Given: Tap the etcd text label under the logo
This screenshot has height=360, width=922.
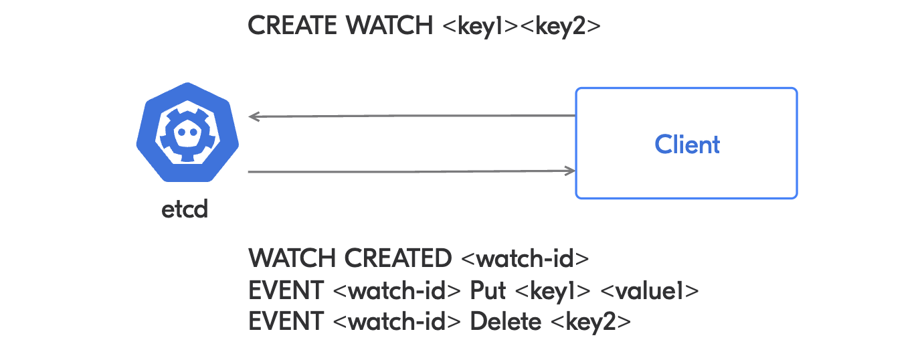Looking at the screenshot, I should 185,209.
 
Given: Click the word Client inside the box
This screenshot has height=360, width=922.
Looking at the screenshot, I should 687,145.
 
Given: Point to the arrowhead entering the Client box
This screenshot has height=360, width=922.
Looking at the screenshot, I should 571,171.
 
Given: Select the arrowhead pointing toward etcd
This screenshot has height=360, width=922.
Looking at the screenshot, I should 254,116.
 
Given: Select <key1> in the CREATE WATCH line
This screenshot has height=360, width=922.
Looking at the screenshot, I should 480,26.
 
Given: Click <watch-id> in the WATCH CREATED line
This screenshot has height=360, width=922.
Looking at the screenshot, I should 525,258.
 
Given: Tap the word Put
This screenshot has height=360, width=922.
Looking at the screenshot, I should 488,290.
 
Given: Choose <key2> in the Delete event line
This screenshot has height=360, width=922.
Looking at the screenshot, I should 590,322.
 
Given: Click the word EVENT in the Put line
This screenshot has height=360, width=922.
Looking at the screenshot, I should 285,290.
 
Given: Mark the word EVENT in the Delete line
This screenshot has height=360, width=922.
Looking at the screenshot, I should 285,322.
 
